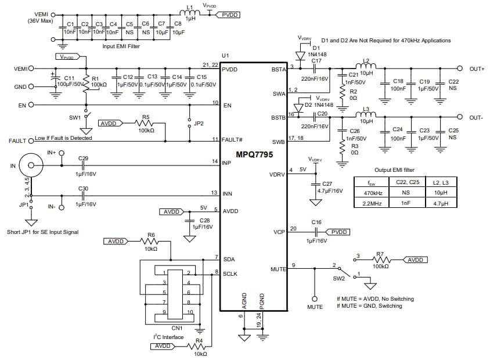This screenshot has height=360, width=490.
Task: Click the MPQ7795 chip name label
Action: click(253, 155)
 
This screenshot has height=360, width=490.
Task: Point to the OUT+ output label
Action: click(477, 69)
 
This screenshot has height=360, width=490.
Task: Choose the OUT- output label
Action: click(477, 118)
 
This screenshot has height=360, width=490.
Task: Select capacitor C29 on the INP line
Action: click(82, 165)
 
